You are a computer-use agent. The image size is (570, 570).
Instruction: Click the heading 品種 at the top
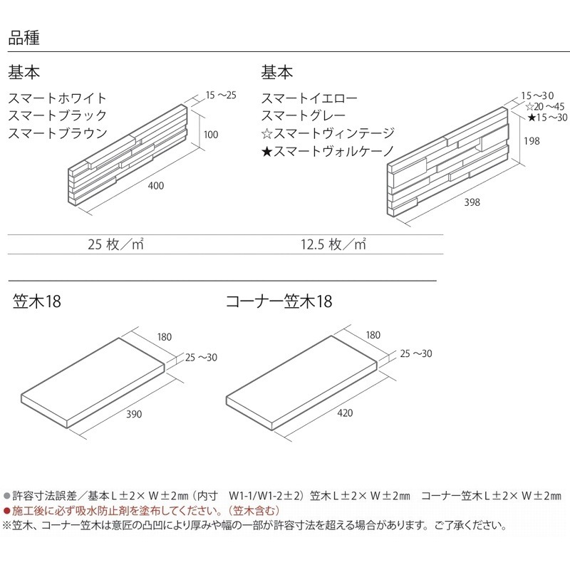tap(24, 38)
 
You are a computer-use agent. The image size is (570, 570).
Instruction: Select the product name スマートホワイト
tap(58, 98)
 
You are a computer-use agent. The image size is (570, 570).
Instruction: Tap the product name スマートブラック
tap(58, 115)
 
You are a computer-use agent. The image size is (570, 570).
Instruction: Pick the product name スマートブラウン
tap(58, 133)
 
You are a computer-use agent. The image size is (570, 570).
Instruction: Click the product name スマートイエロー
tap(309, 98)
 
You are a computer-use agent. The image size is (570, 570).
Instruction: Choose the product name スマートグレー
tap(304, 115)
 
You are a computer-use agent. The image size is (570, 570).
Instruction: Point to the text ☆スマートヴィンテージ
tap(328, 133)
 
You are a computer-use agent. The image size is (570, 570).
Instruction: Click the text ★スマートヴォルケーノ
tap(328, 151)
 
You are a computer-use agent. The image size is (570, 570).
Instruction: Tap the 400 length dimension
tap(156, 186)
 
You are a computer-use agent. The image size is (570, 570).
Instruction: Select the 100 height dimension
tap(211, 135)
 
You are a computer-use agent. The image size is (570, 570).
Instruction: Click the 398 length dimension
tap(472, 202)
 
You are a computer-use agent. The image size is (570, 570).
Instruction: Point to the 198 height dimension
tap(532, 141)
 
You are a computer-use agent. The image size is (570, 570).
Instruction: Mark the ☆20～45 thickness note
tap(545, 106)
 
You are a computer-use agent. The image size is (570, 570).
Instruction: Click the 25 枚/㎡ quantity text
tap(115, 244)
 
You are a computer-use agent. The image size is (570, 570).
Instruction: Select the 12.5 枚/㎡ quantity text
tap(333, 244)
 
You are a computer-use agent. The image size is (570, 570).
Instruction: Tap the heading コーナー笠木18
tap(279, 301)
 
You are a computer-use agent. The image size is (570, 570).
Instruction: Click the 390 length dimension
tap(134, 414)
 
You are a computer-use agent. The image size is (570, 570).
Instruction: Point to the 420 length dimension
tap(345, 413)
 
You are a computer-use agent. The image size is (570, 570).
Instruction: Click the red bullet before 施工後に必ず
tap(6, 511)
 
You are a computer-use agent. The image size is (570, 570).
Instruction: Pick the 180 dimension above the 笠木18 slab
tap(165, 337)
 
